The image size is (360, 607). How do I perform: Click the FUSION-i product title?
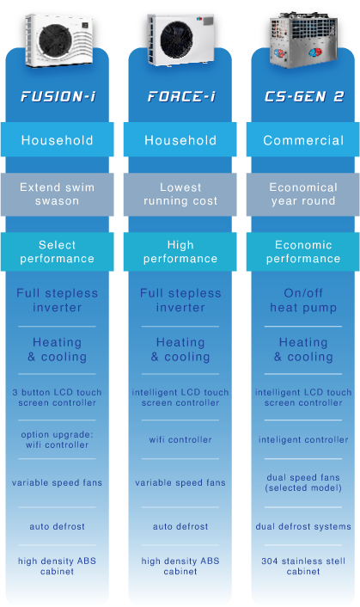[x=58, y=96]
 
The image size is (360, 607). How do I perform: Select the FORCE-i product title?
[x=181, y=96]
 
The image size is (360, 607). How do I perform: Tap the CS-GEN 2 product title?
[x=304, y=96]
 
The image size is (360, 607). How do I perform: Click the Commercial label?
[x=303, y=140]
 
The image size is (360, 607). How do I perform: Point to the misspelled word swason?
[x=58, y=201]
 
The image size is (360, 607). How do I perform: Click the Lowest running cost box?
[x=180, y=194]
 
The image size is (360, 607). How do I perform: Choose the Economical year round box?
[x=303, y=194]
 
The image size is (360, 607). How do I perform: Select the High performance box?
[x=180, y=252]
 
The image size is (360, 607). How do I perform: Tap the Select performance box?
[x=58, y=252]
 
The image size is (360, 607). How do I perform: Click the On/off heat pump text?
[x=303, y=300]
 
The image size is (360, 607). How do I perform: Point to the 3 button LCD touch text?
[x=58, y=392]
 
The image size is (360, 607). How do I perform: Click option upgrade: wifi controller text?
[x=58, y=439]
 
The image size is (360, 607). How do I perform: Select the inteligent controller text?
[x=303, y=439]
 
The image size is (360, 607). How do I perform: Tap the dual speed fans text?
[x=303, y=477]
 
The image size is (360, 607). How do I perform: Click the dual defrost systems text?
[x=303, y=526]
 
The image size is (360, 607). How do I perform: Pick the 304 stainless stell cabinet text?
[x=303, y=566]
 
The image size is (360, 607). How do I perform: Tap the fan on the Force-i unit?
[x=177, y=40]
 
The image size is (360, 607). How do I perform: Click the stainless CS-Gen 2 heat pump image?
[x=303, y=40]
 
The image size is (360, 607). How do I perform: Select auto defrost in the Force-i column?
[x=180, y=526]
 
